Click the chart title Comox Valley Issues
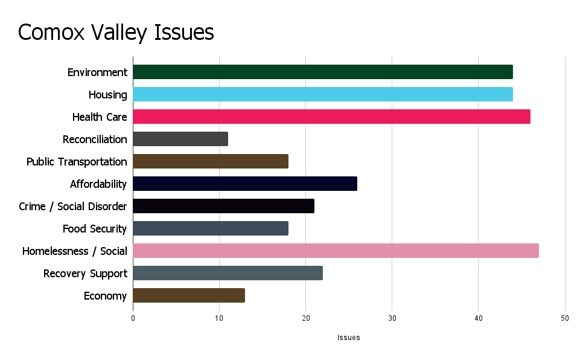pos(116,32)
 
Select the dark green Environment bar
pos(322,72)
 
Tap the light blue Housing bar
pos(322,94)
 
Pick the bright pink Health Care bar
pos(331,117)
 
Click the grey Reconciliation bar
pos(180,139)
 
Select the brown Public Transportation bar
pos(211,161)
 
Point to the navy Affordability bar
pos(245,184)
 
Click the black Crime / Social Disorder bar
pos(223,206)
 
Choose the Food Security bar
pos(211,228)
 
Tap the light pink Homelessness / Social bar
pos(336,251)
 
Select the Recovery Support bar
pos(228,273)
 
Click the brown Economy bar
pos(189,295)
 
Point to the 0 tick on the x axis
pos(133,318)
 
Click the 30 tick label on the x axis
pos(392,318)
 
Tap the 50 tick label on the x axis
pos(564,318)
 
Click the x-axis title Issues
pos(348,338)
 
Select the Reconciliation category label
pos(95,140)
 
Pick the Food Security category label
pos(95,229)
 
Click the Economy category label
pos(105,296)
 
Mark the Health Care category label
pos(100,117)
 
